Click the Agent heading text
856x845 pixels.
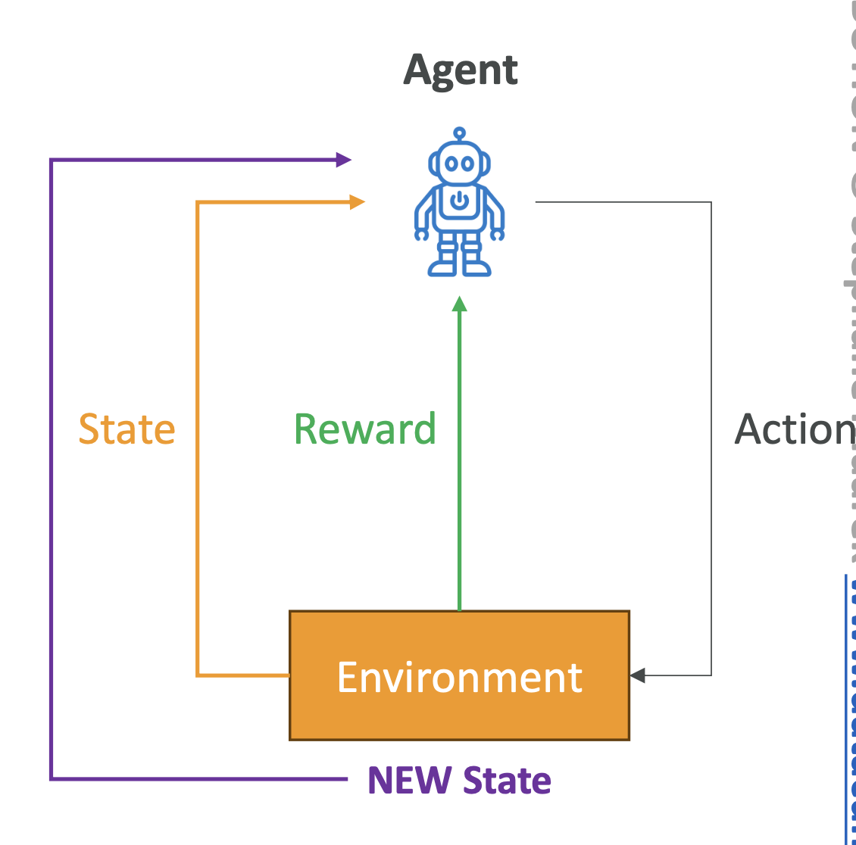point(461,71)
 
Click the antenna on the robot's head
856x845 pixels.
point(459,135)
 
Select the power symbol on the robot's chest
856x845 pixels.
point(459,201)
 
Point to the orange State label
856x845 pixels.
point(127,429)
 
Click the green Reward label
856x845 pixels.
point(364,429)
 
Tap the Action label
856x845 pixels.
point(794,429)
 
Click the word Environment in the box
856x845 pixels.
point(460,677)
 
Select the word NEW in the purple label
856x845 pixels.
point(409,781)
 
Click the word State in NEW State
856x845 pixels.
point(507,781)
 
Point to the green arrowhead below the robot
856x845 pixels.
point(459,304)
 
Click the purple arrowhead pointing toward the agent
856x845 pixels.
point(344,160)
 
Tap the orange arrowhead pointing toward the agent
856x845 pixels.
point(358,202)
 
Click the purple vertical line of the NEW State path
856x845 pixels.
point(51,469)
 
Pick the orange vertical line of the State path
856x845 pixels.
point(197,530)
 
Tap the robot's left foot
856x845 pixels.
point(442,267)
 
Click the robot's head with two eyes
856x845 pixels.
point(459,163)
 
